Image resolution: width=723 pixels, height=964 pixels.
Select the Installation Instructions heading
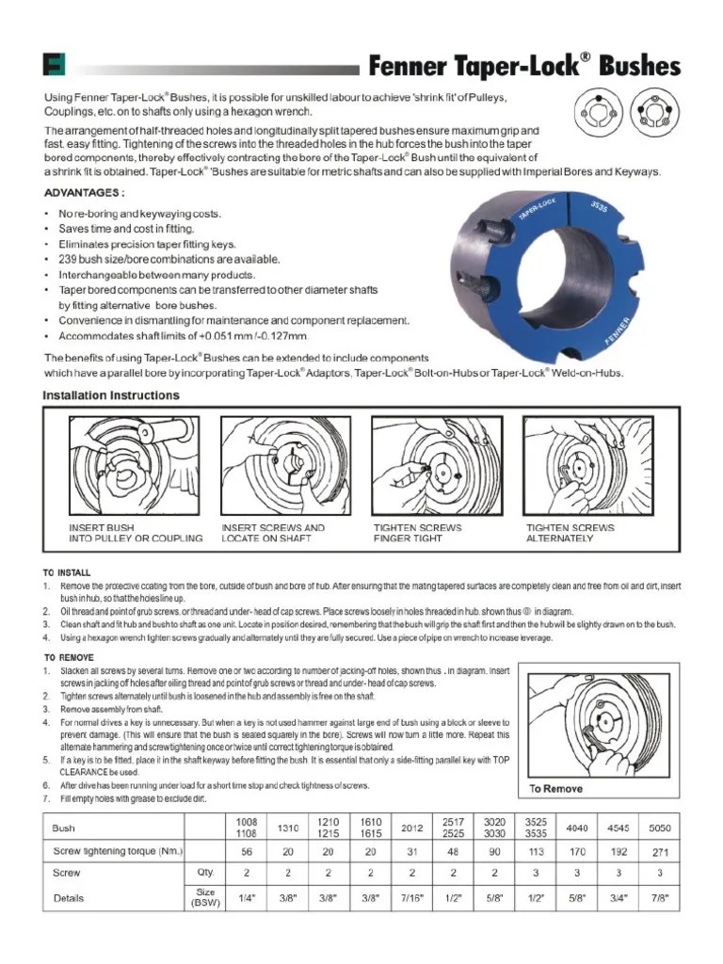[111, 395]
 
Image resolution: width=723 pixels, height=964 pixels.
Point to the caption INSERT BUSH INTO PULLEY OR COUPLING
[136, 533]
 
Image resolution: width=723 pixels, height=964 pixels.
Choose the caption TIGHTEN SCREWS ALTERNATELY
[570, 533]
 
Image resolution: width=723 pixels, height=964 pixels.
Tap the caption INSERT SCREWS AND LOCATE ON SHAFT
[273, 533]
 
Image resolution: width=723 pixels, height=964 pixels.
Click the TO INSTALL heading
[67, 572]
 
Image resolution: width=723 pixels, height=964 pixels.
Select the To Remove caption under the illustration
[555, 789]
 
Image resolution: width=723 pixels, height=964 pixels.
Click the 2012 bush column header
[412, 828]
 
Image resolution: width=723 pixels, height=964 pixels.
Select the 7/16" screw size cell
[412, 898]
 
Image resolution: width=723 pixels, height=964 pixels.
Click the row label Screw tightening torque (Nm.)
[118, 851]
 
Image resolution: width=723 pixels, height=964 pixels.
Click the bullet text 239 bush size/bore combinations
[169, 259]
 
